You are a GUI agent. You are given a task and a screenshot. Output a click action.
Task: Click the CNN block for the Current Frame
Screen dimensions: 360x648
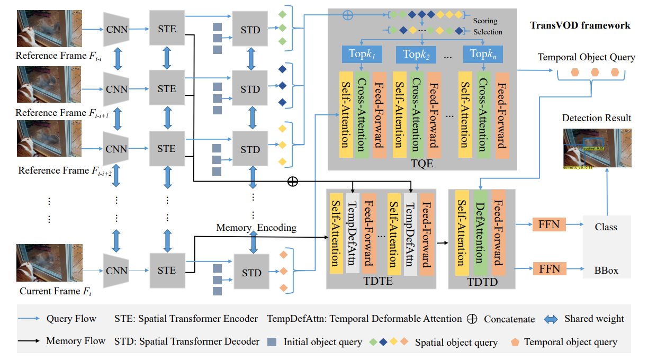pos(116,271)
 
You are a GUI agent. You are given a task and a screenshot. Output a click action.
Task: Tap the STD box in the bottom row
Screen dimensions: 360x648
pos(251,273)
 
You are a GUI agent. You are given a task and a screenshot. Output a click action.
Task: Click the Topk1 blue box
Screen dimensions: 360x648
pos(362,53)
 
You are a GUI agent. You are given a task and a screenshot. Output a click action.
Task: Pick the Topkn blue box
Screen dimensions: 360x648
pos(482,53)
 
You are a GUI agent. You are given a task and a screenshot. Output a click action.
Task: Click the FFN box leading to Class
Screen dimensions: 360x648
pos(549,224)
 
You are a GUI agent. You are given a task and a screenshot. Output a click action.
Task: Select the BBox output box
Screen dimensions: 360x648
pos(606,270)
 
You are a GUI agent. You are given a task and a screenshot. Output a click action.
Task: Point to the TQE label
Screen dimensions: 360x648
pos(421,163)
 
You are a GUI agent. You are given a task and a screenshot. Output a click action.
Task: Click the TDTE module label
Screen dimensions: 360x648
pos(379,282)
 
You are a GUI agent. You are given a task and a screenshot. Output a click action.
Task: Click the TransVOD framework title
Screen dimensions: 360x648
pos(580,25)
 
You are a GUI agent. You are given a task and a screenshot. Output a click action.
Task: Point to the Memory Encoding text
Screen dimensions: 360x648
pos(256,228)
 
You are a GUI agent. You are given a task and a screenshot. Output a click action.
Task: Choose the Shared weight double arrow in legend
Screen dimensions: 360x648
pos(552,319)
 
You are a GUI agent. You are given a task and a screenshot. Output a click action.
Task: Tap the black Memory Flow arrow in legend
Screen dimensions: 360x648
pos(30,341)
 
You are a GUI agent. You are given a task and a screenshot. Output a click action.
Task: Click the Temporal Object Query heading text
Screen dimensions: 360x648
pos(586,57)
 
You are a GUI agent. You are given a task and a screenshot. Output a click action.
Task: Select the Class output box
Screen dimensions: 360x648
pos(606,227)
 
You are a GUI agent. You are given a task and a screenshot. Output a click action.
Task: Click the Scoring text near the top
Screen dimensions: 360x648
pos(485,21)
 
